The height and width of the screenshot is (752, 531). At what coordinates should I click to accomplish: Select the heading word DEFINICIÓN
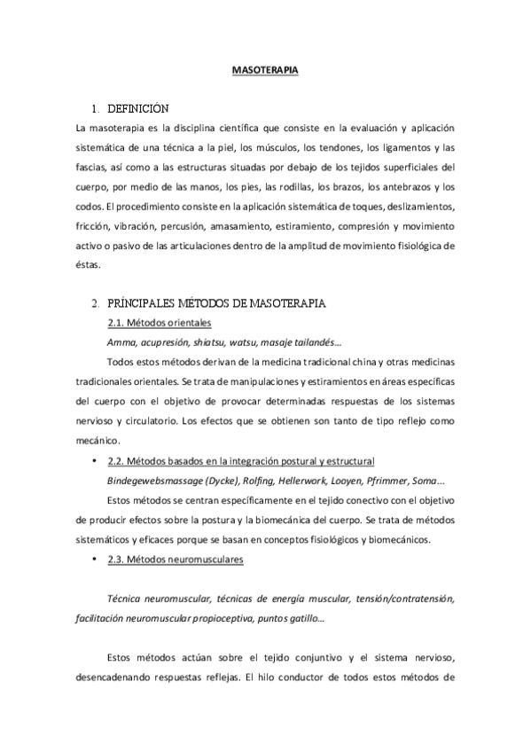(x=137, y=110)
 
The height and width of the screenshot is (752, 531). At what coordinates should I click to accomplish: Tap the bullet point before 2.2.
(x=94, y=461)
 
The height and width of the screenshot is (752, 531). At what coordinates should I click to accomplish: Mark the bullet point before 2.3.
(x=94, y=560)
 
